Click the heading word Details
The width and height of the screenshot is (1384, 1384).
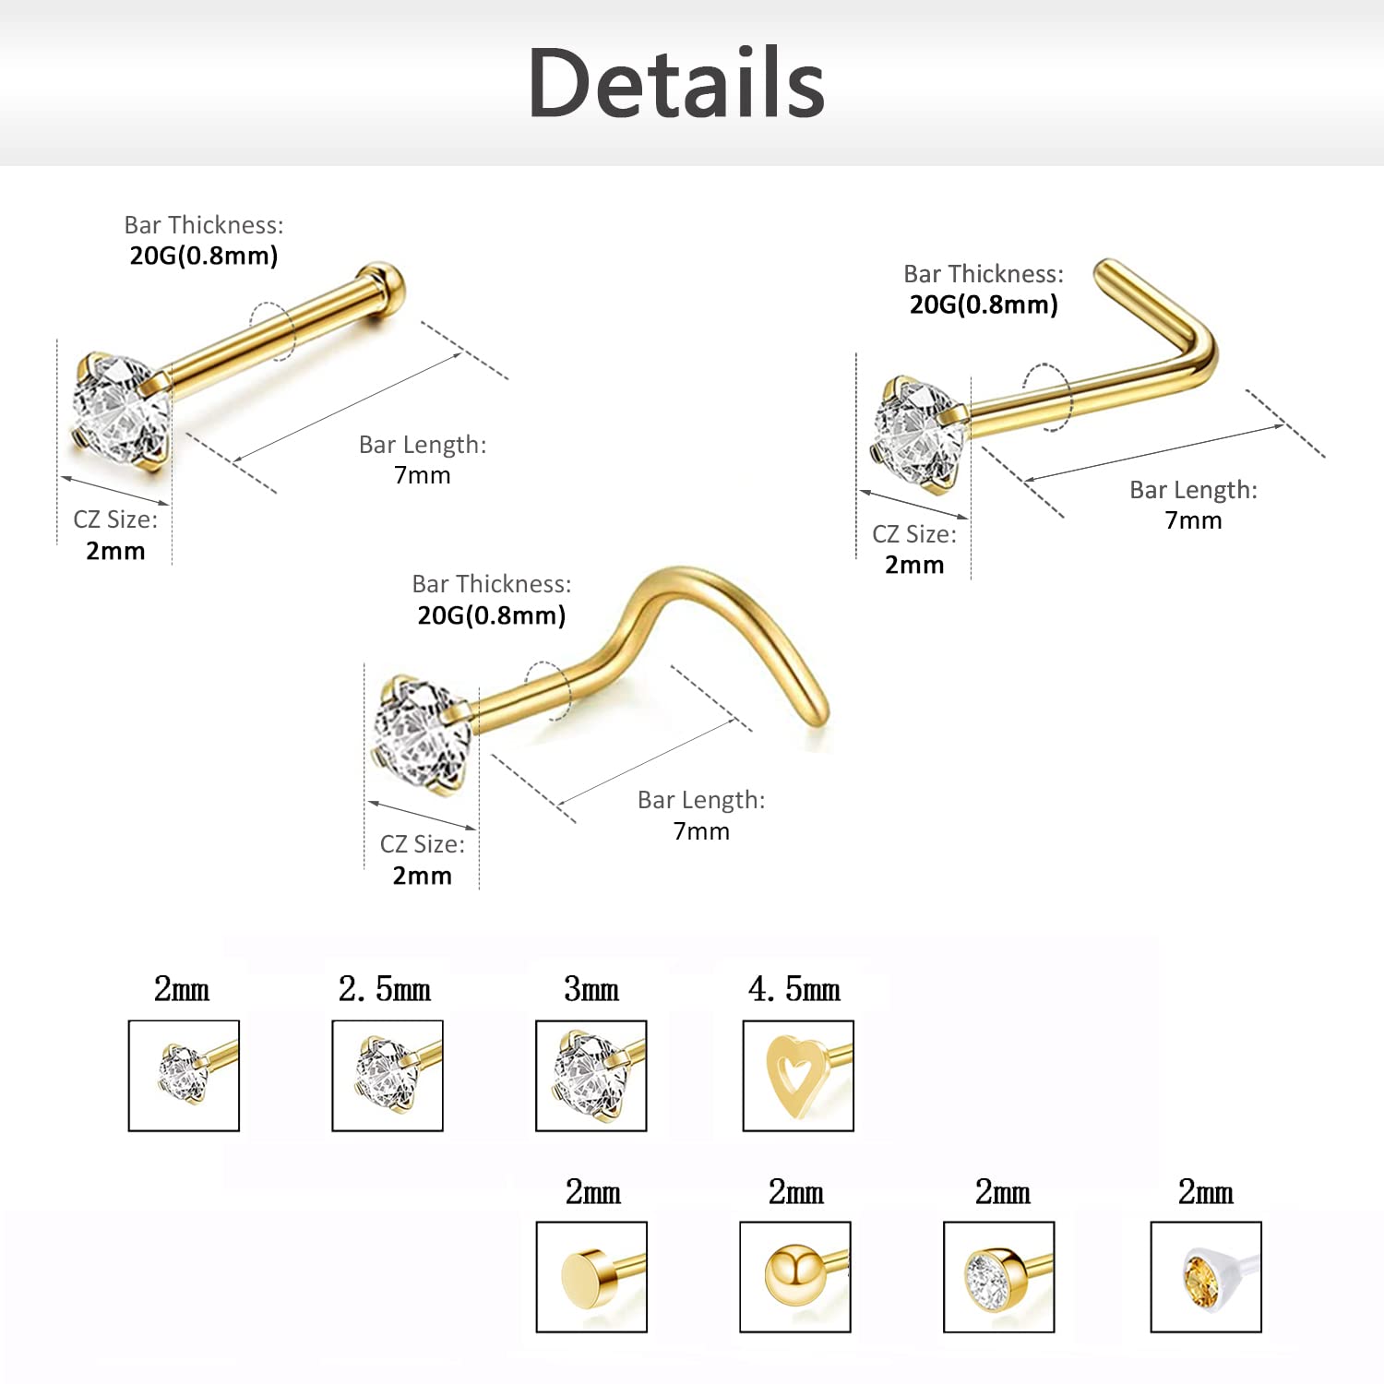tap(676, 83)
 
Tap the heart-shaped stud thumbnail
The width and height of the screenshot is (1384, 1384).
tap(798, 1076)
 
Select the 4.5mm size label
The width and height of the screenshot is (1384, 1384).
tap(794, 989)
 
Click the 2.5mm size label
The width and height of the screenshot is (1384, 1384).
tap(385, 989)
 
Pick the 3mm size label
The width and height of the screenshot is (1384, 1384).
tap(591, 989)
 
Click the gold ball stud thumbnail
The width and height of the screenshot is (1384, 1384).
tap(795, 1277)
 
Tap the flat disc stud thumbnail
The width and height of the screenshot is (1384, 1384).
tap(591, 1277)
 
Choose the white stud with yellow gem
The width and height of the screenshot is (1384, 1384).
tap(1206, 1277)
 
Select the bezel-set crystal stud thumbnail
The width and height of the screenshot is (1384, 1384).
tap(998, 1277)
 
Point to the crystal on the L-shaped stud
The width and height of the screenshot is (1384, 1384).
tap(918, 431)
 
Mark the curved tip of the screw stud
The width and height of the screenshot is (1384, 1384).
tap(817, 710)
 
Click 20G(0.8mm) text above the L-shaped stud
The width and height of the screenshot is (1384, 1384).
tap(984, 304)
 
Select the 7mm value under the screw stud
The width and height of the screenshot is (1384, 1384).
tap(701, 831)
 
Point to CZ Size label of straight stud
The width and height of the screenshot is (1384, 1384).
tap(115, 519)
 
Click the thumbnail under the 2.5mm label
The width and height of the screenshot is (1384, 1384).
tap(388, 1076)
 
